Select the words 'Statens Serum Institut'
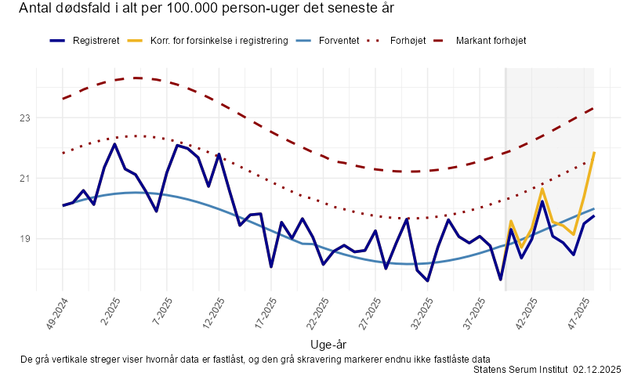pos(521,369)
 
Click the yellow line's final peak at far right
pos(594,153)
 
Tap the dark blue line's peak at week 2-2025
pos(114,144)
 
